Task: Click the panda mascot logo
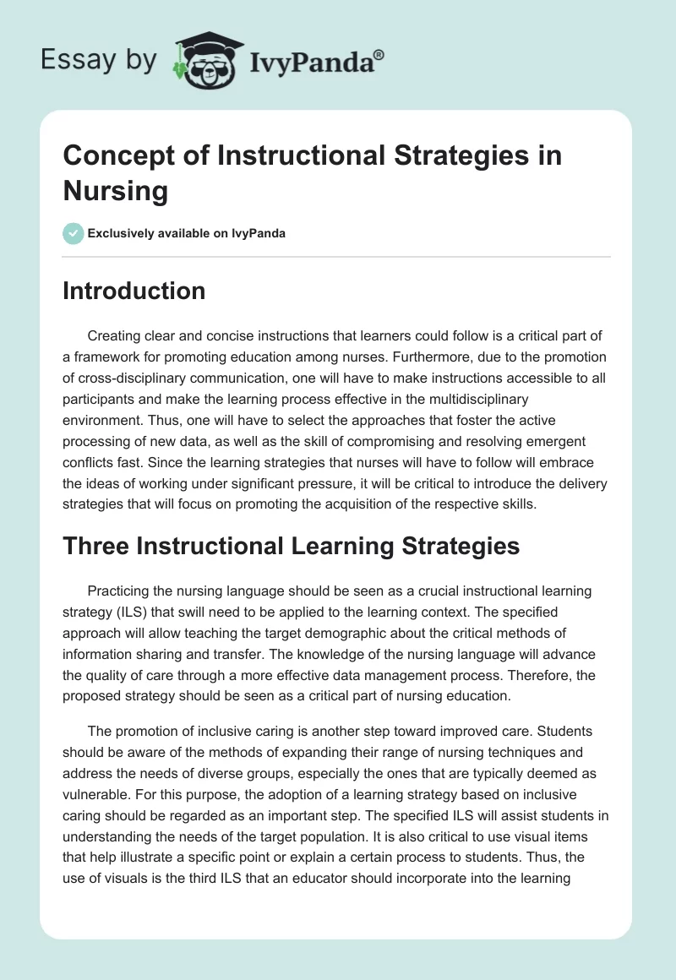207,61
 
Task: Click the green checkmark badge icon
73,233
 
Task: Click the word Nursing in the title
115,190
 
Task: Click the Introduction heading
134,291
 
